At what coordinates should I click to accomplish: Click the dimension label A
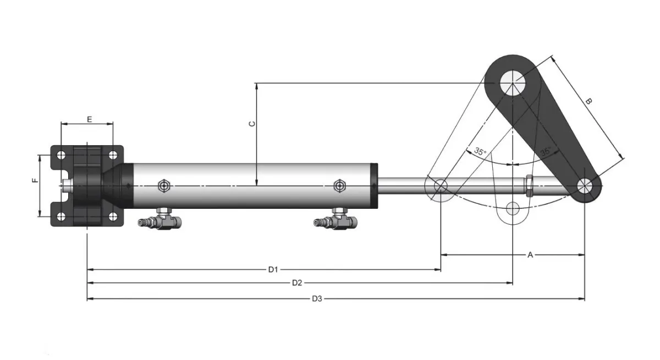530,254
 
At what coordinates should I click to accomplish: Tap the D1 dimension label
273,269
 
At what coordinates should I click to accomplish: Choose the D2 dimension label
297,283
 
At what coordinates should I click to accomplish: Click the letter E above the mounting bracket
89,119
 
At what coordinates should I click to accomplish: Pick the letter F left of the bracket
35,180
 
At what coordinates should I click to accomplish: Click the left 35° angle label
480,152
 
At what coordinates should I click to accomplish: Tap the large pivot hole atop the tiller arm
513,83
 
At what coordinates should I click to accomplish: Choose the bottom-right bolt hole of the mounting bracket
113,216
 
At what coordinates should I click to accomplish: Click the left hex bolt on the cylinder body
163,186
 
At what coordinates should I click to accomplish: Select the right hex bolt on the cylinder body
339,186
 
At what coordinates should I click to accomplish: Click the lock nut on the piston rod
529,186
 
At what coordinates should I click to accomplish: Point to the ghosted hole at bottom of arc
513,208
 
